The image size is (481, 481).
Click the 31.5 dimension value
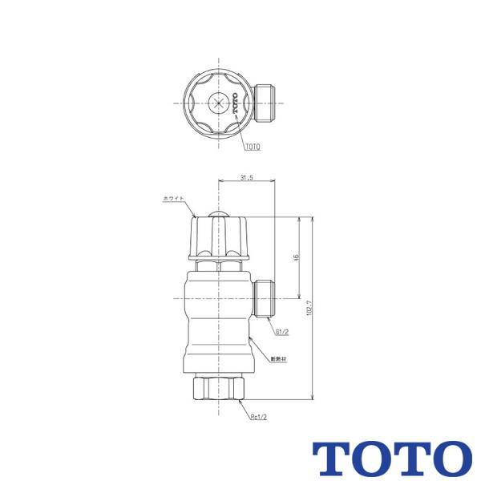click(x=246, y=178)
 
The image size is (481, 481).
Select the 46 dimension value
click(x=296, y=257)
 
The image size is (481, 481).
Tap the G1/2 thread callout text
click(x=282, y=330)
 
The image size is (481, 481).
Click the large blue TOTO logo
click(x=391, y=458)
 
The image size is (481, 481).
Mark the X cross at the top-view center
click(x=218, y=103)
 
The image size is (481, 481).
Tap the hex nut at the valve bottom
click(x=218, y=390)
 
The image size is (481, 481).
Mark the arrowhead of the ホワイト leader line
click(x=196, y=215)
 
